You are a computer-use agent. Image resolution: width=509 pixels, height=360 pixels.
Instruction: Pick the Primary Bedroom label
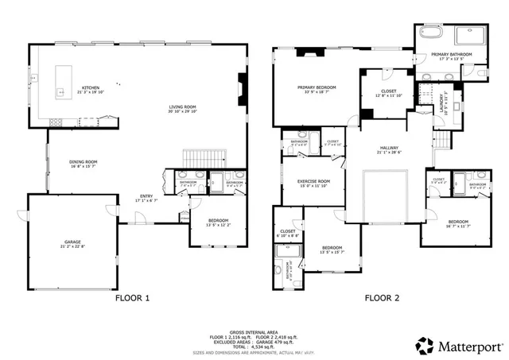point(317,88)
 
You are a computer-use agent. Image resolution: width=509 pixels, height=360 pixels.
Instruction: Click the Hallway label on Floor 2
point(388,149)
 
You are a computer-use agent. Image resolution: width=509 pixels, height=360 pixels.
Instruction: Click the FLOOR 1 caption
point(132,298)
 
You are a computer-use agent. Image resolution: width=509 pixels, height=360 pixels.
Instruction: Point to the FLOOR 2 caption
point(381,298)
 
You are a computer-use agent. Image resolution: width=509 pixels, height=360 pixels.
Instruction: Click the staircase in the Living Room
point(196,155)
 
